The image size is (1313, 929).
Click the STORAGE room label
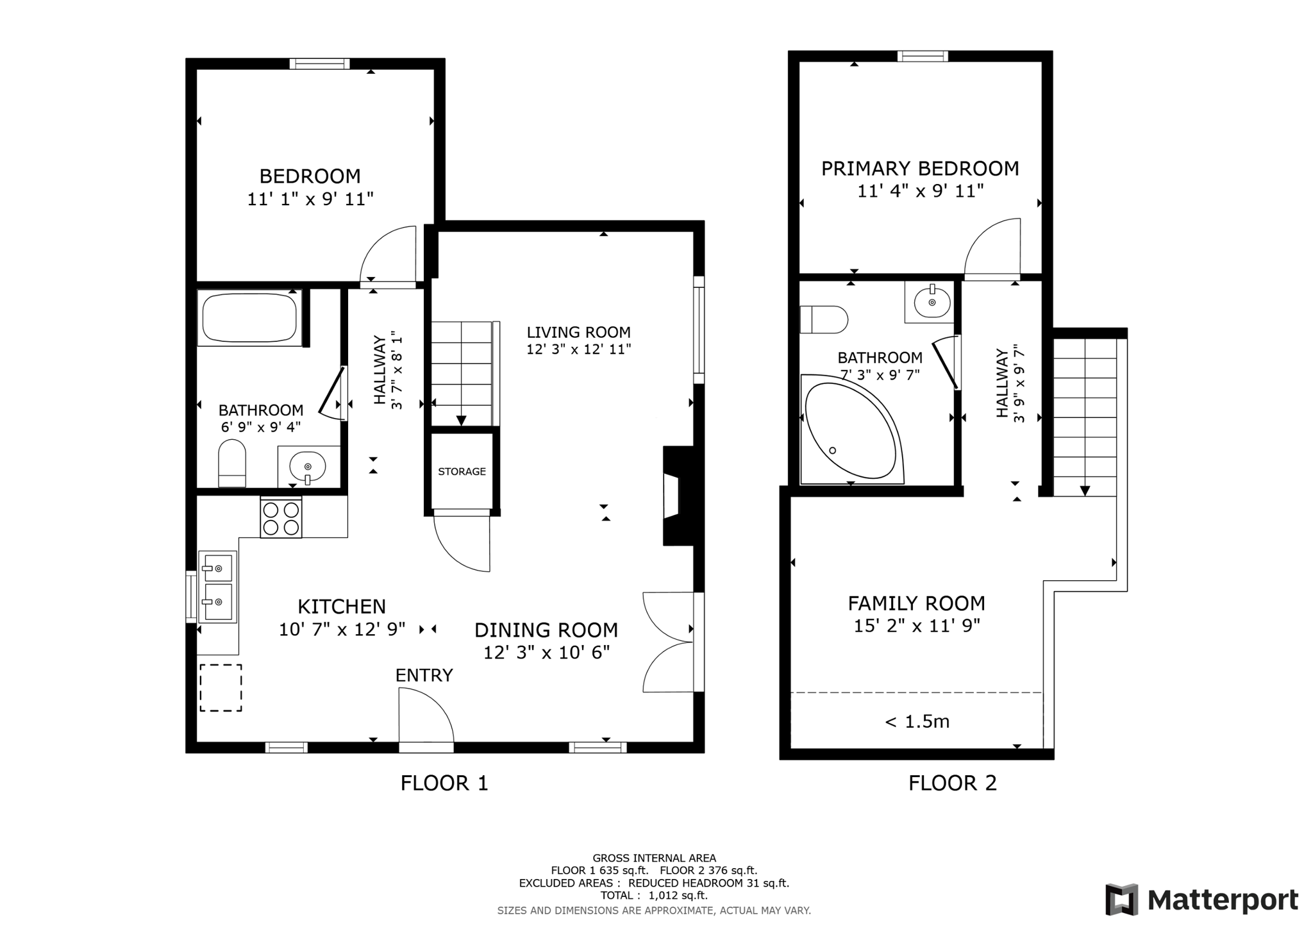(x=462, y=471)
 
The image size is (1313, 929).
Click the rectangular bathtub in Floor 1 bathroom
(x=249, y=318)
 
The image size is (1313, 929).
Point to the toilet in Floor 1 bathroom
(x=232, y=463)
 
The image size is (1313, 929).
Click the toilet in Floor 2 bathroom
(x=824, y=319)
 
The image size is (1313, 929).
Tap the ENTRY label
(x=424, y=675)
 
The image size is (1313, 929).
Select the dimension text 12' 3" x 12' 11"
(x=578, y=349)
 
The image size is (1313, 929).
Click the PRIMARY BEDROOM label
(x=919, y=169)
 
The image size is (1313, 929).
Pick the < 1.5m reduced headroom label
(x=917, y=722)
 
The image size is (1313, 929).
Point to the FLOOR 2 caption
(x=952, y=783)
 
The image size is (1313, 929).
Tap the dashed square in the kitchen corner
(x=221, y=688)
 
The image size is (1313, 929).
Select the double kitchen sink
(x=218, y=586)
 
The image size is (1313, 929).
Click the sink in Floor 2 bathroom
(x=931, y=301)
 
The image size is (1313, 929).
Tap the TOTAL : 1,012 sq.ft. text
(x=653, y=896)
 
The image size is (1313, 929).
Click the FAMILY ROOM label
(x=916, y=603)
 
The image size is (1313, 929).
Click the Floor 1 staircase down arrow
(x=461, y=420)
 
